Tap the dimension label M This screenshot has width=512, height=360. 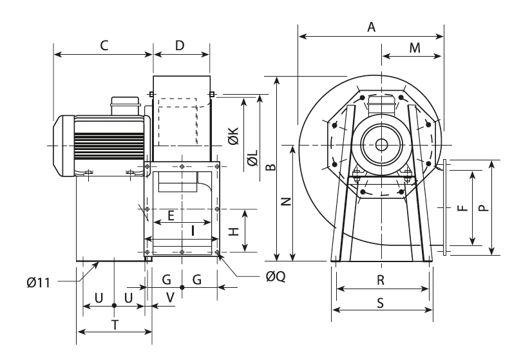pos(415,48)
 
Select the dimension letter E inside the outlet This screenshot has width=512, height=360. pos(171,216)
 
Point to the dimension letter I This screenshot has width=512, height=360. pos(193,230)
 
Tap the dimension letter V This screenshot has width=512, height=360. pos(170,298)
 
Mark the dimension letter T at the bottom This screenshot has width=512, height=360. pos(115,325)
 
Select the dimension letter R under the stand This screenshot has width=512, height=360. pos(381,281)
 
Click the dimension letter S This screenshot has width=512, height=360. pos(381,303)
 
